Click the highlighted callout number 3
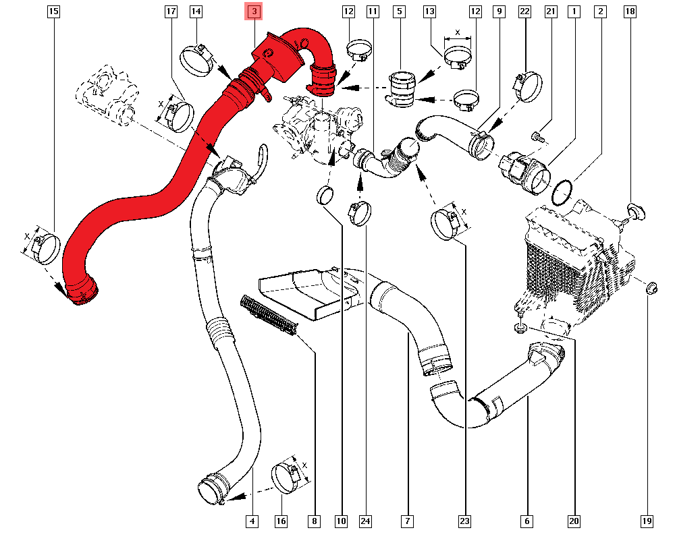click(254, 11)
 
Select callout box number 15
click(53, 11)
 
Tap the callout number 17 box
click(171, 11)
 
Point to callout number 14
click(196, 11)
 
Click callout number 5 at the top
click(400, 11)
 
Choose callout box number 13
click(429, 11)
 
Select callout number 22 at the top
click(524, 11)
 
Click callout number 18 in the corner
click(630, 11)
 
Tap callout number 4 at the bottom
click(252, 521)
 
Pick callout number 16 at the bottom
click(281, 521)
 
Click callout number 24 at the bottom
click(365, 521)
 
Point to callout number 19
click(647, 521)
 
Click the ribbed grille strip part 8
click(269, 315)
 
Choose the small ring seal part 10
click(325, 196)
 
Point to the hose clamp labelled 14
click(196, 60)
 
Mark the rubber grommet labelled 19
click(651, 288)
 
